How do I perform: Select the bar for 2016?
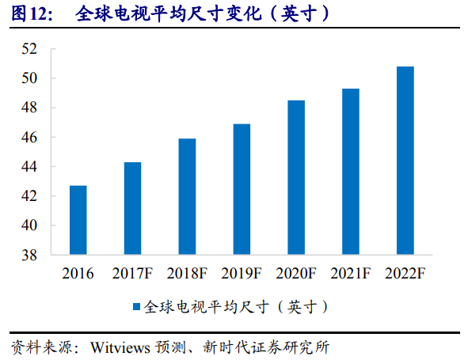(78, 221)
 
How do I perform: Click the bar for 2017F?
(132, 209)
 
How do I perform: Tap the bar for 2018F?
(187, 197)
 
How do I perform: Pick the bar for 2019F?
(242, 190)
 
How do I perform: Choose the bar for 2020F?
(296, 178)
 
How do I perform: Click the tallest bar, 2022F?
(405, 161)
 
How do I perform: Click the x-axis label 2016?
(78, 274)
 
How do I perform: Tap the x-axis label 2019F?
(242, 274)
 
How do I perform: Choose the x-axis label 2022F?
(405, 274)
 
